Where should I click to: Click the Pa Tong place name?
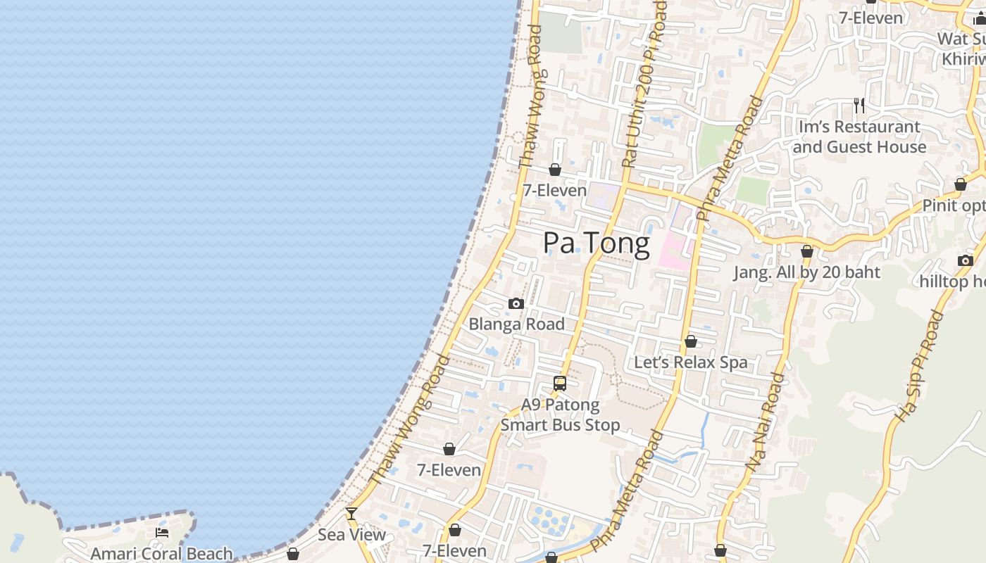pyautogui.click(x=596, y=243)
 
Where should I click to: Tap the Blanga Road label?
pyautogui.click(x=516, y=324)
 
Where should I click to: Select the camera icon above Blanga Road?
pyautogui.click(x=516, y=304)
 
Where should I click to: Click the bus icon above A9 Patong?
pyautogui.click(x=560, y=384)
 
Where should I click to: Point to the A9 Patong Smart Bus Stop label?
pyautogui.click(x=560, y=415)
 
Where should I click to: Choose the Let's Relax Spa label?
pyautogui.click(x=690, y=362)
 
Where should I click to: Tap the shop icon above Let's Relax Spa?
pyautogui.click(x=691, y=342)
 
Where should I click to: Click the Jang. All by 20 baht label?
pyautogui.click(x=806, y=272)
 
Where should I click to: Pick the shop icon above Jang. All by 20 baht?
pyautogui.click(x=807, y=251)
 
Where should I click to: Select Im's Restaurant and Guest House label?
pyautogui.click(x=859, y=137)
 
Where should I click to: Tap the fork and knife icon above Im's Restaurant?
pyautogui.click(x=859, y=106)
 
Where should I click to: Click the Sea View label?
pyautogui.click(x=351, y=534)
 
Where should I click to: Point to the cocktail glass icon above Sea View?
pyautogui.click(x=351, y=514)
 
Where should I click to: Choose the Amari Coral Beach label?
pyautogui.click(x=161, y=554)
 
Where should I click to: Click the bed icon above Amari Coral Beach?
pyautogui.click(x=162, y=533)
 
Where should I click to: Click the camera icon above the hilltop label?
pyautogui.click(x=966, y=260)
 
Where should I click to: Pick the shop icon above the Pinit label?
pyautogui.click(x=961, y=185)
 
